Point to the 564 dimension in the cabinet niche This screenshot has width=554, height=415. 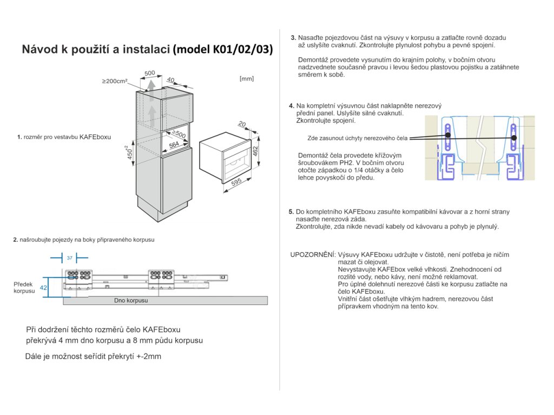point(174,144)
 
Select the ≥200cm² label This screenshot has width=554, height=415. point(114,81)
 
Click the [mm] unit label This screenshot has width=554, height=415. point(246,79)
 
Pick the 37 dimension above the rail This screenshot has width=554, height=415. point(69,258)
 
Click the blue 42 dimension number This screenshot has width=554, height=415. point(44,288)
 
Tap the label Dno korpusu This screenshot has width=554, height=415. point(131,300)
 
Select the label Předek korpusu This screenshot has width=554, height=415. point(24,287)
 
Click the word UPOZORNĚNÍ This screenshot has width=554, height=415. point(312,255)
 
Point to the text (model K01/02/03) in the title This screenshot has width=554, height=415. point(222,50)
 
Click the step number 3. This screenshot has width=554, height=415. point(293,38)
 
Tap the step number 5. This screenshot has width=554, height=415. point(291,212)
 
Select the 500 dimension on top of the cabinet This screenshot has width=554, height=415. point(150,73)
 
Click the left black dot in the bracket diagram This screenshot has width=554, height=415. point(448,137)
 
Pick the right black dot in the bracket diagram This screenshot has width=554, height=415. point(514,138)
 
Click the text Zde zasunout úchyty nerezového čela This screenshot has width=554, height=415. point(357,138)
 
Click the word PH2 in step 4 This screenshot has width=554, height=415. point(353,163)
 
